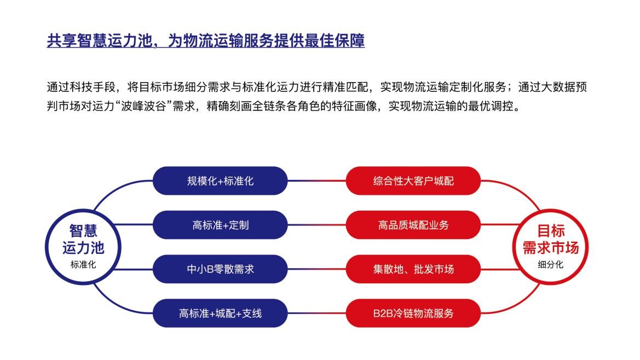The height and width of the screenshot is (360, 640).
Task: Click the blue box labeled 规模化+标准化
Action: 220,181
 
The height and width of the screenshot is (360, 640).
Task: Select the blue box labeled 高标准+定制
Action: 220,225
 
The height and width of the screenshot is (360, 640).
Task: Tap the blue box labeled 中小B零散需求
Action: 220,269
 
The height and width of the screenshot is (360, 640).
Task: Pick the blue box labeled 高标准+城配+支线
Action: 220,313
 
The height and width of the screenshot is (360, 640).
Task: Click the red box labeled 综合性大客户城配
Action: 413,181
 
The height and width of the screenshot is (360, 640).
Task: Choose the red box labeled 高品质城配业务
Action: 413,225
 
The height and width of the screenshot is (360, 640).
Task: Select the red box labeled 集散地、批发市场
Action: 413,269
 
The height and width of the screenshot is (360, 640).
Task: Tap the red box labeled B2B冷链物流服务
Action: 413,313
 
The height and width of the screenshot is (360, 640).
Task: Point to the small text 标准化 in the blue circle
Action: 83,265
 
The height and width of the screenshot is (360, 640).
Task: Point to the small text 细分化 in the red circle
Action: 550,265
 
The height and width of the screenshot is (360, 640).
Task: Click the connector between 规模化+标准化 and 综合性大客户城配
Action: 317,181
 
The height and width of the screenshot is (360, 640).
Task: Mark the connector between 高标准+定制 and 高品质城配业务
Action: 317,225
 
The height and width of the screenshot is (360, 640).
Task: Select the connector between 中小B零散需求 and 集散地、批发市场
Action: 317,269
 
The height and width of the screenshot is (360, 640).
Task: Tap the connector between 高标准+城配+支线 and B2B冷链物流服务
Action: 317,313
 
